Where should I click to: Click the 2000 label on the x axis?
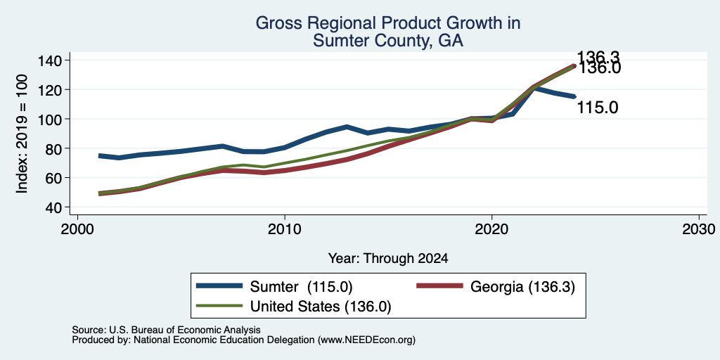[77, 229]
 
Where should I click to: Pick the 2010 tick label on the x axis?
[285, 229]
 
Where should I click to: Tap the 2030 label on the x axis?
[699, 229]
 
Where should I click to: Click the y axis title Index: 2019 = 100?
[22, 134]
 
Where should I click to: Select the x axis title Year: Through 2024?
[388, 259]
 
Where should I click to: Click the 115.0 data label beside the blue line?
[597, 108]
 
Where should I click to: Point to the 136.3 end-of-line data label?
[598, 57]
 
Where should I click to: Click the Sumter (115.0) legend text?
[301, 287]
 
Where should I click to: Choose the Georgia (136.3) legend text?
[522, 287]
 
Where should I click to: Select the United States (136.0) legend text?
[321, 307]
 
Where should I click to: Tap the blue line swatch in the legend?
[219, 286]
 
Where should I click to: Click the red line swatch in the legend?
[439, 286]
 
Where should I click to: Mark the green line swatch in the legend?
[219, 305]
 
